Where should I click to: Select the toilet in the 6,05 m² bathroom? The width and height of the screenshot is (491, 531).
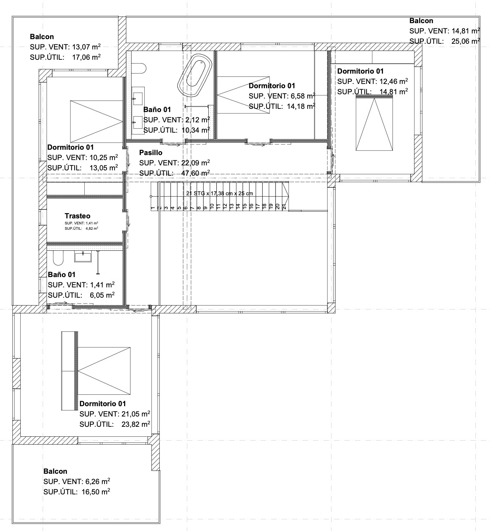(58, 258)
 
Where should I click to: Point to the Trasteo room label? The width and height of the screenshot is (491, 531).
(77, 216)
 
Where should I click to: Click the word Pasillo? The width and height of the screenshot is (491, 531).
(151, 153)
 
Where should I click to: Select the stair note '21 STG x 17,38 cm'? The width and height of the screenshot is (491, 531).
(220, 193)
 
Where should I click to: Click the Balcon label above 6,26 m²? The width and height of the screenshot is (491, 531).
(55, 471)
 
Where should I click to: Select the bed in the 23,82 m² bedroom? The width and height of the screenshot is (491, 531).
(104, 371)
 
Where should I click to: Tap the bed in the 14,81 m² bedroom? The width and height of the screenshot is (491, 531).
(375, 124)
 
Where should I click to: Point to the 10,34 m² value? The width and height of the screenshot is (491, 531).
(195, 130)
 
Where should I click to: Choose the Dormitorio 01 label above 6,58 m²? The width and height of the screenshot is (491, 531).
(272, 86)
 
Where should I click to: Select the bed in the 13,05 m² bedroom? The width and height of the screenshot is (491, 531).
(96, 121)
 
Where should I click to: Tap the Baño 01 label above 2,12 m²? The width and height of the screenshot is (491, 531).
(157, 110)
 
